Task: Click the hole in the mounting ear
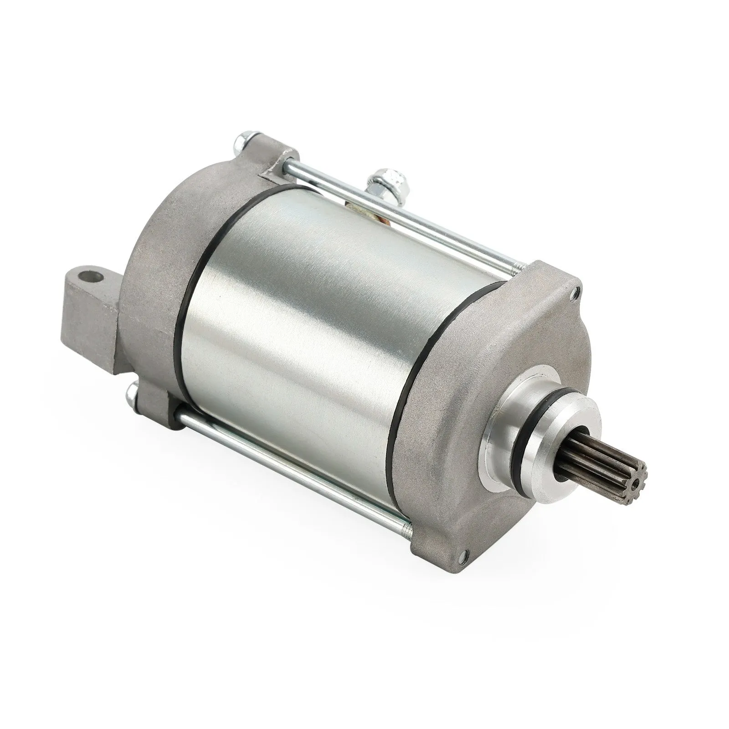tap(91, 277)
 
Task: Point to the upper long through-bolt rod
tap(401, 214)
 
